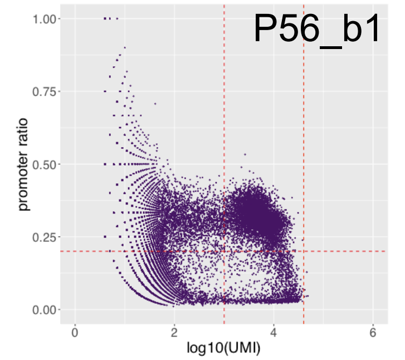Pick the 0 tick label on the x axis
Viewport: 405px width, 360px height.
[x=75, y=333]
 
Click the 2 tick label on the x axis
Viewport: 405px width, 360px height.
[x=174, y=333]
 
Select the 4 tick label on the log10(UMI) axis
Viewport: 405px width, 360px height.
[x=274, y=333]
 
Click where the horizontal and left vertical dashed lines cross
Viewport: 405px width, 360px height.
[x=224, y=251]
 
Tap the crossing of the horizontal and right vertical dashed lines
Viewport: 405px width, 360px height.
[x=304, y=251]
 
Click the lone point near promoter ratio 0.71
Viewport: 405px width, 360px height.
[x=155, y=104]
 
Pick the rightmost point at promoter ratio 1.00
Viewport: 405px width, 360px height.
[x=117, y=18]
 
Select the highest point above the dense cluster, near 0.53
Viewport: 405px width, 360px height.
[x=245, y=154]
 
